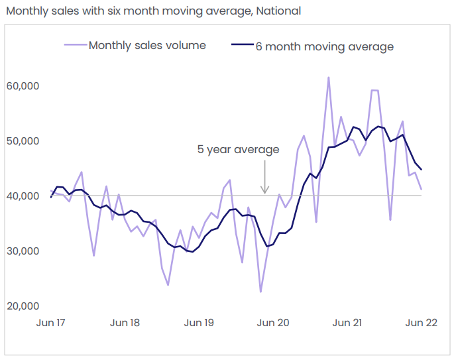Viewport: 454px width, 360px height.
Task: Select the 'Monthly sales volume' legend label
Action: click(147, 46)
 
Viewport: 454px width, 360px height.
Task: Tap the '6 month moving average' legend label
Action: click(325, 46)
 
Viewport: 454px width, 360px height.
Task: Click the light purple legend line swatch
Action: click(75, 46)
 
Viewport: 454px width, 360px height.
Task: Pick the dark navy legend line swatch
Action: click(242, 46)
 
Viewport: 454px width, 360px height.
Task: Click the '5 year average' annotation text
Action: click(238, 149)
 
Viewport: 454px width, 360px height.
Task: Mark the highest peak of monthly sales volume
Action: click(328, 78)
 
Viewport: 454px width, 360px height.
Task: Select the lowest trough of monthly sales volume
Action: click(260, 292)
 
